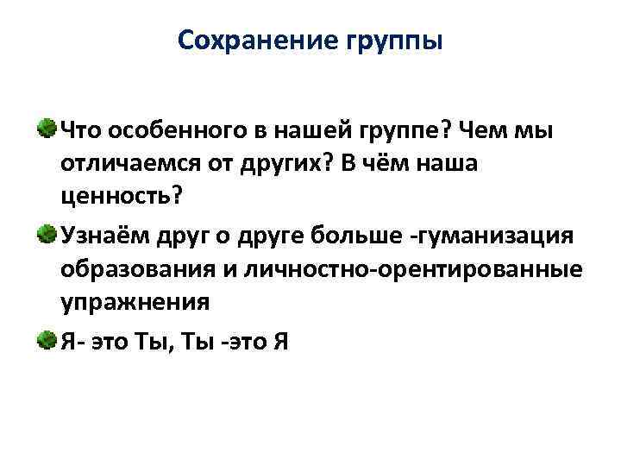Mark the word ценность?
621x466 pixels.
pyautogui.click(x=122, y=197)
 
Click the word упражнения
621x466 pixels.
pyautogui.click(x=135, y=303)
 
